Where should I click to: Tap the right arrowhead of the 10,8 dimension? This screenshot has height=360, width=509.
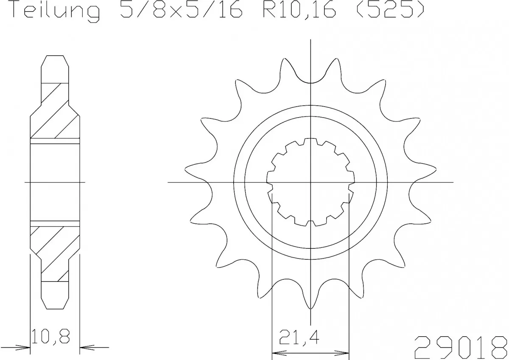pos(85,347)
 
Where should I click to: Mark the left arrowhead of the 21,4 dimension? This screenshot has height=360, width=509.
pos(276,352)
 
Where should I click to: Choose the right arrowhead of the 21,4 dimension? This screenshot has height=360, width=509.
pos(344,352)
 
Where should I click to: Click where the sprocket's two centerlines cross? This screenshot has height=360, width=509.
pos(311,183)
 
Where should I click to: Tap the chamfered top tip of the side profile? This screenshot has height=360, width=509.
pos(55,57)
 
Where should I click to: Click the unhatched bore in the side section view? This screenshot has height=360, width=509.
pos(55,183)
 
